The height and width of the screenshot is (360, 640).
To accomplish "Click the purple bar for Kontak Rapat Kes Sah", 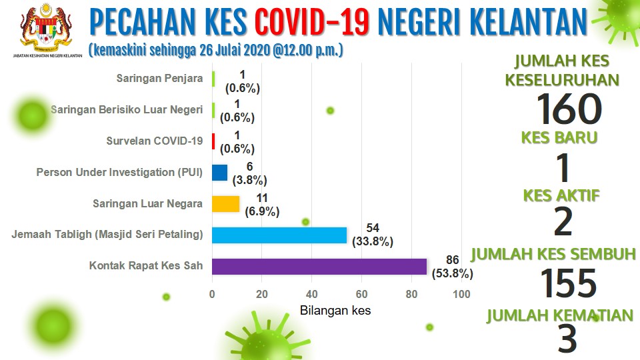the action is [x=319, y=267].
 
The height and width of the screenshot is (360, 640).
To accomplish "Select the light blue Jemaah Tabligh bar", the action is [x=279, y=235].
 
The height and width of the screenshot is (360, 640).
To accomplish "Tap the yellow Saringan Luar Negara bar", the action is [x=226, y=204].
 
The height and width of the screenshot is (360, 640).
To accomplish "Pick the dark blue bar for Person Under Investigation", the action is [x=219, y=173].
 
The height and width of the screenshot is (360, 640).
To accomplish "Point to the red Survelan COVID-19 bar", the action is [x=213, y=141].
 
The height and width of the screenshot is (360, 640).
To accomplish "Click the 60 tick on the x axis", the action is [x=361, y=294].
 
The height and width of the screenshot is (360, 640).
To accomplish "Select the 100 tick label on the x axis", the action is [x=461, y=294].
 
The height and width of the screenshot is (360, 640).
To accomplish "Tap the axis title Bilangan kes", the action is [x=335, y=311].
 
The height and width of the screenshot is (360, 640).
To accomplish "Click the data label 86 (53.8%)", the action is [x=453, y=267].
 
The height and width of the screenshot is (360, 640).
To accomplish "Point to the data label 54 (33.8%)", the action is [x=373, y=235].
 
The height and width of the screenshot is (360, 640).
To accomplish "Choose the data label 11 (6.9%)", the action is [x=262, y=205].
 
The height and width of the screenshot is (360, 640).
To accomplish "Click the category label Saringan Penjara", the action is [x=159, y=79].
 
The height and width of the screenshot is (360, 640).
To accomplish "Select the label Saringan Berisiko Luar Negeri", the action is [x=127, y=110].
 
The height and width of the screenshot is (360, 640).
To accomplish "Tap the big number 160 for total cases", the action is [x=569, y=109].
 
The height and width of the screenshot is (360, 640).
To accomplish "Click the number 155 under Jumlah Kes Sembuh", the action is [x=569, y=283].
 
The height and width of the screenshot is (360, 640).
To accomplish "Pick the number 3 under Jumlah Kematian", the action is [x=567, y=339].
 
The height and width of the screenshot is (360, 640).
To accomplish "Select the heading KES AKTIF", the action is [x=561, y=196].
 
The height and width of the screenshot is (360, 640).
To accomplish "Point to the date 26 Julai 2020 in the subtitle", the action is [x=235, y=51].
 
